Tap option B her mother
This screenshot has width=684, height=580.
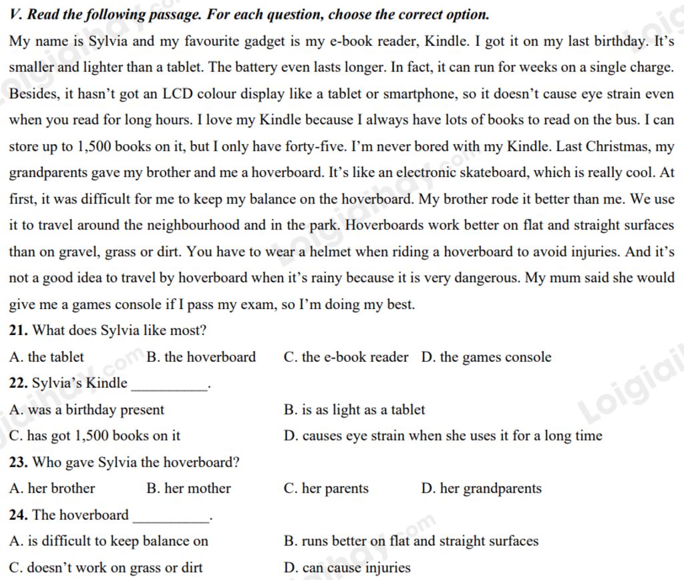coord(188,489)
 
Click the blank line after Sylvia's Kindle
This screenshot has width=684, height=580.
coord(170,388)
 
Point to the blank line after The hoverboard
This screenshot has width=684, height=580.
coord(171,520)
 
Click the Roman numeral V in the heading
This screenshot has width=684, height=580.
coord(14,14)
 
